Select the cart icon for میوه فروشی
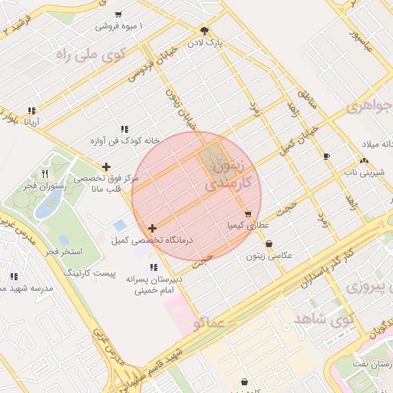pos(117,15)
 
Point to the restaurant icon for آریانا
pos(31,111)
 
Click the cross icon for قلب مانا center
pos(106,167)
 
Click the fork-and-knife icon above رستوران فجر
pos(45,174)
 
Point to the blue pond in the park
pos(50,203)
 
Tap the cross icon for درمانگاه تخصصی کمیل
pos(153,228)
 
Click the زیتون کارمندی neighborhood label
pos(229,175)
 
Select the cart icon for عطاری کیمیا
pos(247,214)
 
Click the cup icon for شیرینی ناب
pos(327,157)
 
